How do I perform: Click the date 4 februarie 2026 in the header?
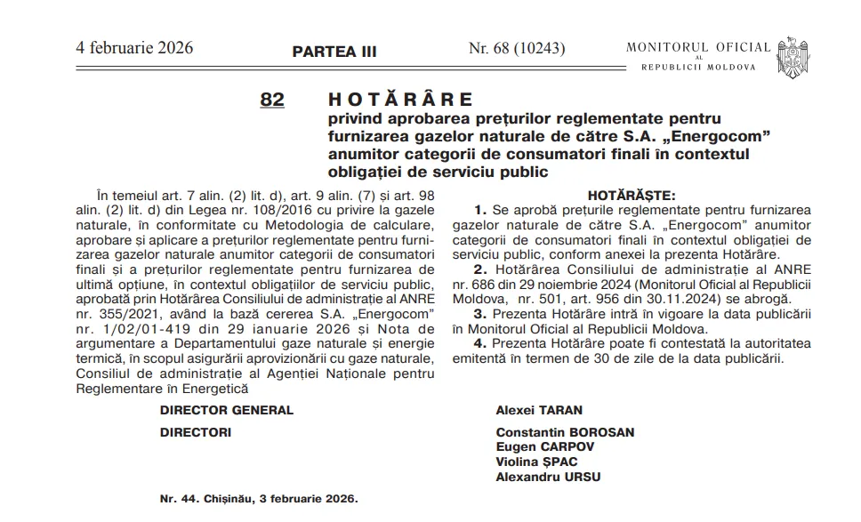(x=134, y=48)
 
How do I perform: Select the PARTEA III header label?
(x=334, y=52)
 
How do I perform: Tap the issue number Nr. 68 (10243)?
(x=517, y=48)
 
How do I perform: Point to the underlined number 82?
(x=272, y=100)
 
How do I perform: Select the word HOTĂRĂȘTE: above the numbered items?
(x=632, y=194)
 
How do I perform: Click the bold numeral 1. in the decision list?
(x=481, y=210)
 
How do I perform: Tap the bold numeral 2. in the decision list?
(x=481, y=269)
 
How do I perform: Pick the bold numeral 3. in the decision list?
(x=481, y=314)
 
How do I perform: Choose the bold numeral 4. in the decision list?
(x=481, y=343)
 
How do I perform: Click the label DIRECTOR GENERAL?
(x=227, y=410)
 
